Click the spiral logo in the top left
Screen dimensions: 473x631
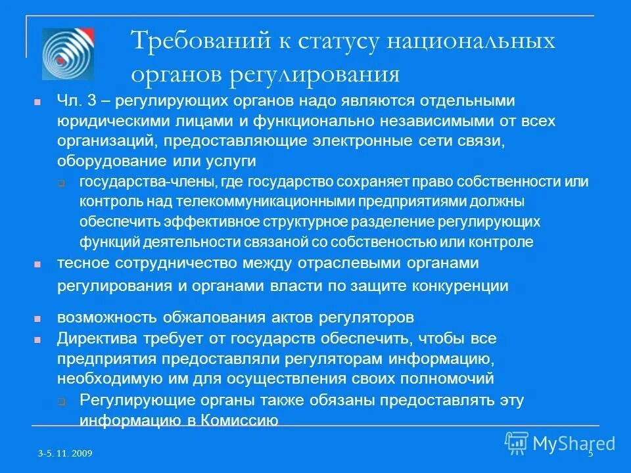pos(68,55)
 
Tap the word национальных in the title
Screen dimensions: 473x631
pos(471,41)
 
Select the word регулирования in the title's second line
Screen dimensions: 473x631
pos(314,74)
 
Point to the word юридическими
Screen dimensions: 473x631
pos(103,122)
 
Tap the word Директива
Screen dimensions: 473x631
pos(91,339)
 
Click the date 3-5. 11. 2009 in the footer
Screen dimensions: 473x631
pos(64,454)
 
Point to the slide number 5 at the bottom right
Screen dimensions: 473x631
pos(590,454)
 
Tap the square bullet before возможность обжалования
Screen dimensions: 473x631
pos(37,319)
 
